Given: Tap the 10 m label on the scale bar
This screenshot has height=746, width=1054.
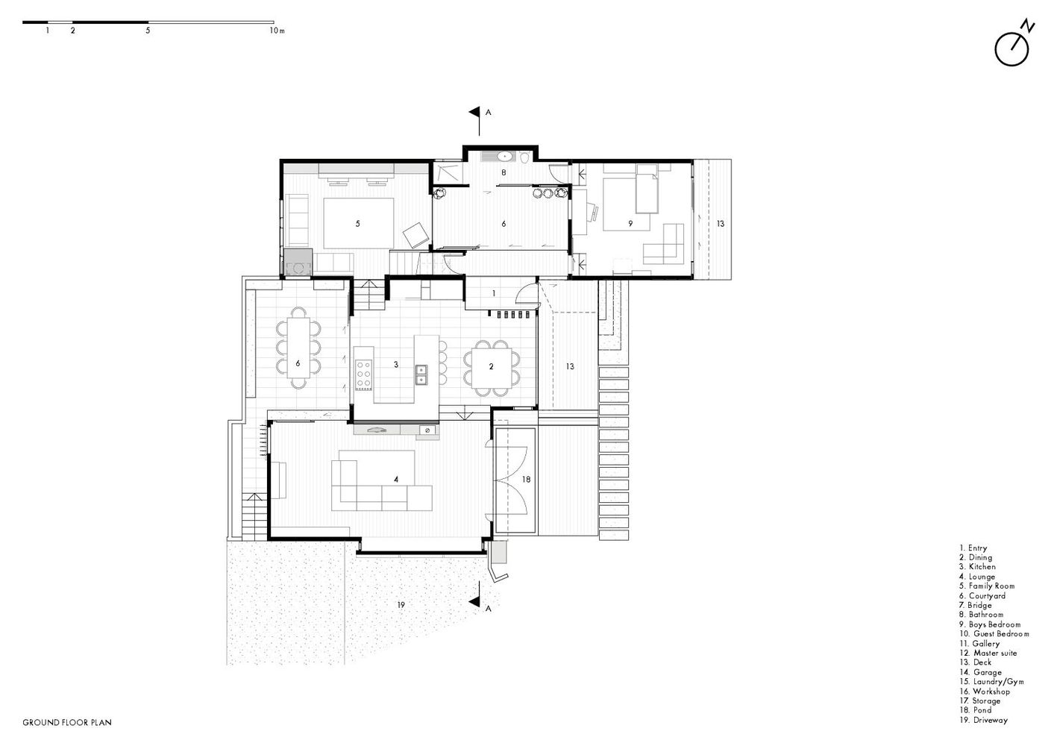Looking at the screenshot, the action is coord(277,31).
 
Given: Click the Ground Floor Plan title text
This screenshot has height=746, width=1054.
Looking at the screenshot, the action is coord(67,722).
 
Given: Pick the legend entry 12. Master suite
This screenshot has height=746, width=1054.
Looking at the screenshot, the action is coord(988,653).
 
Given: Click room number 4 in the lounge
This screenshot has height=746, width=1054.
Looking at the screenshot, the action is coord(396,479).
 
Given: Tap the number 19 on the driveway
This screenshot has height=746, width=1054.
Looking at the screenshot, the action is coord(401,605).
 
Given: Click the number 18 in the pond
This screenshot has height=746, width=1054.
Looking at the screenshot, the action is coord(526,479).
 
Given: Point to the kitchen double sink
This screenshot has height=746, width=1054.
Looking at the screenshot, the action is coord(421,374).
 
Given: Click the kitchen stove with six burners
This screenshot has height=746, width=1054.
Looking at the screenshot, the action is coord(364,374).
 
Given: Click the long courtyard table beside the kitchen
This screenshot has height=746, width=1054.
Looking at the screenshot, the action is coord(298,348).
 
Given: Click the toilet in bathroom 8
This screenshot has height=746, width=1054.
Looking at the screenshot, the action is coord(525,157).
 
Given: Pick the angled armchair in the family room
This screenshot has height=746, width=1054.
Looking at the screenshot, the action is coord(416,235).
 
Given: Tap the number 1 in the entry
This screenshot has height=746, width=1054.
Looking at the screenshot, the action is coord(494,293).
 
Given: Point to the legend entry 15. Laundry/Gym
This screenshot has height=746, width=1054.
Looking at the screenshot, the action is coord(992,682).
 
